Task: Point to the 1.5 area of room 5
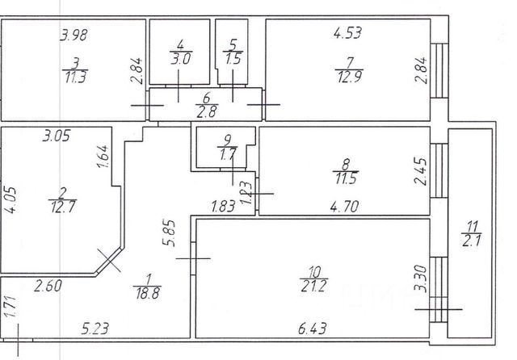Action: [233, 58]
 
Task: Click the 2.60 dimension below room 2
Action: [48, 284]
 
